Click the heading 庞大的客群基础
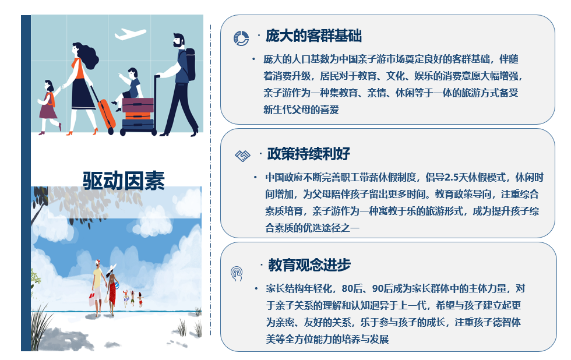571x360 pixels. (x=313, y=36)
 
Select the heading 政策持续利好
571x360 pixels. (x=308, y=154)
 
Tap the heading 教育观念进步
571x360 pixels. (x=309, y=264)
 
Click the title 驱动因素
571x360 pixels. (x=124, y=181)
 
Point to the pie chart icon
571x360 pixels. (x=241, y=38)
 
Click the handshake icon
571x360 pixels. (x=242, y=156)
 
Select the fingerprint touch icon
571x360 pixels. (x=237, y=274)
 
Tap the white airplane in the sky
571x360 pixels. (x=130, y=34)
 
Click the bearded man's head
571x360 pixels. (x=178, y=40)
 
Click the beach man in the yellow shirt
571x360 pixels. (x=97, y=288)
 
